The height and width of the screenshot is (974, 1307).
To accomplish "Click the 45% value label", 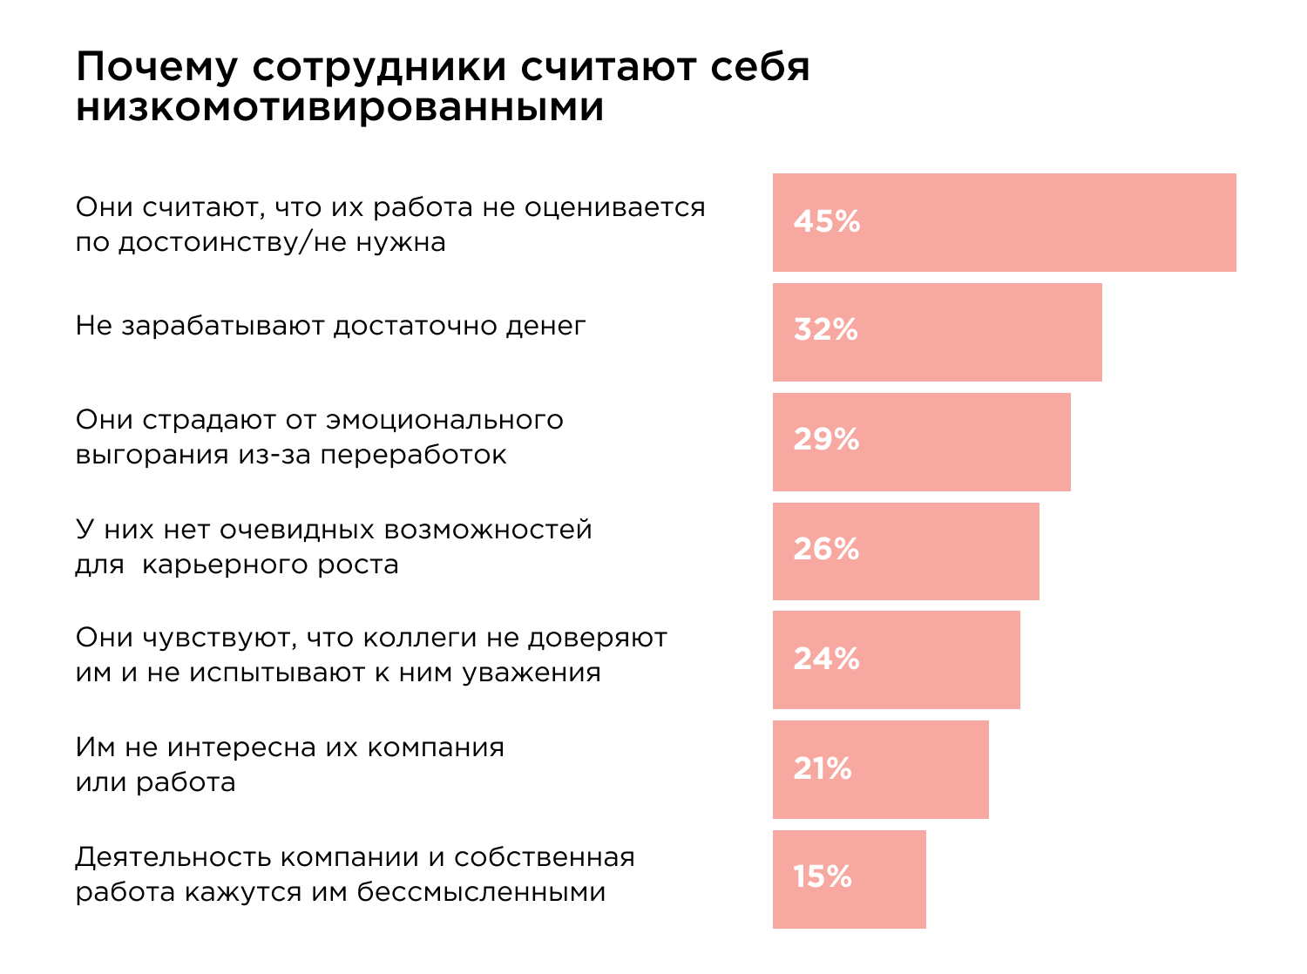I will click(x=826, y=222).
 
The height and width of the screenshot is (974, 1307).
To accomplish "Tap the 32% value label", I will click(x=825, y=330).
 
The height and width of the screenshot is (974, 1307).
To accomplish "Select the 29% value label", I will click(x=826, y=440).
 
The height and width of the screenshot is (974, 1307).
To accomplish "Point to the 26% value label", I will click(x=826, y=550).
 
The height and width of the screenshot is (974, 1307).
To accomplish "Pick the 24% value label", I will click(x=826, y=659).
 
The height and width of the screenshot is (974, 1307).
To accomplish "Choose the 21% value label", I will click(x=822, y=768).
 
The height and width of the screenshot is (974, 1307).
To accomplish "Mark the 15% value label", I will click(x=822, y=877).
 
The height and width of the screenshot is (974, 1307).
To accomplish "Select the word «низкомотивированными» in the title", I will click(x=340, y=108).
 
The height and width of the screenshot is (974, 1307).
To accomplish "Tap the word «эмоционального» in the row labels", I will click(x=444, y=421).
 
